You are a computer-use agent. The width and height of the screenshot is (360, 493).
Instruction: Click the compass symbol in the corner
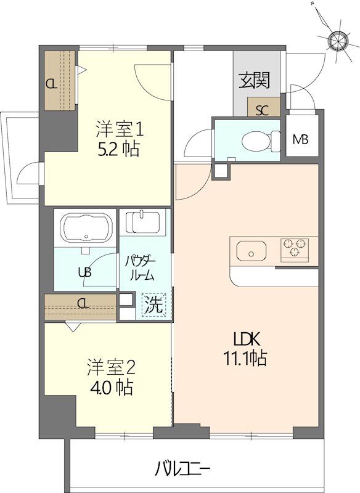click(337, 41)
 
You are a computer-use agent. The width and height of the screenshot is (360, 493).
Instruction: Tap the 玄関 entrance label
click(255, 81)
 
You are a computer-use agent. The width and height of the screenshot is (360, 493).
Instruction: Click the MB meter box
click(301, 139)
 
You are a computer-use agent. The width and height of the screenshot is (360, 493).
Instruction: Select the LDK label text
click(247, 338)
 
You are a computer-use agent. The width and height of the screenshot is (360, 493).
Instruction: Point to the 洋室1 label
click(119, 129)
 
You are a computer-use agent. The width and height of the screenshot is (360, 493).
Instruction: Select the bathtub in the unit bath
click(85, 227)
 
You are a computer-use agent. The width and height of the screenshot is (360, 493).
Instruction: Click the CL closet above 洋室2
click(81, 304)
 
